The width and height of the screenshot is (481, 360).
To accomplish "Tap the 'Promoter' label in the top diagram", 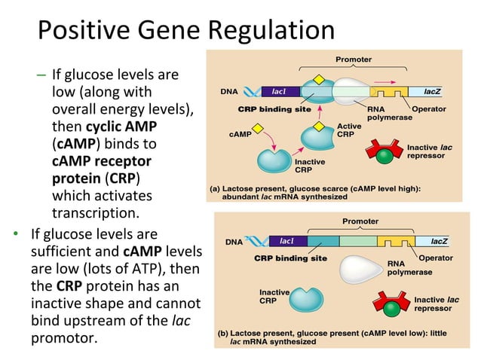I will click(352, 59).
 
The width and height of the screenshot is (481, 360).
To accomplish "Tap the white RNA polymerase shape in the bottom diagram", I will click(360, 267).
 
